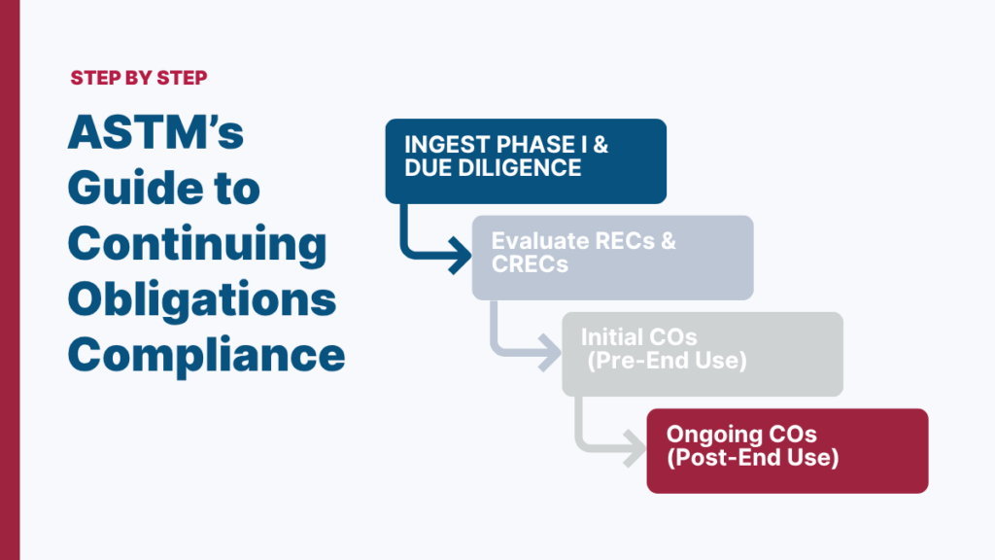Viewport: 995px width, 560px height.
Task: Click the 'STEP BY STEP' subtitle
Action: [138, 78]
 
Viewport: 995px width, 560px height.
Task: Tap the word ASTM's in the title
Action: [155, 133]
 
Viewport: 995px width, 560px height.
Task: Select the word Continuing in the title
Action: [197, 243]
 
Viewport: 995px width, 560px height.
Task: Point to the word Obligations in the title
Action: [202, 298]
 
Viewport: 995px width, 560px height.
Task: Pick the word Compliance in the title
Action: [206, 354]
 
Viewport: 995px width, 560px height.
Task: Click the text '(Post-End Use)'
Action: [752, 458]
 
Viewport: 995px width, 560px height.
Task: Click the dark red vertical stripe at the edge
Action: [10, 280]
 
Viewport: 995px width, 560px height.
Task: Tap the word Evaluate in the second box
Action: [539, 241]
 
